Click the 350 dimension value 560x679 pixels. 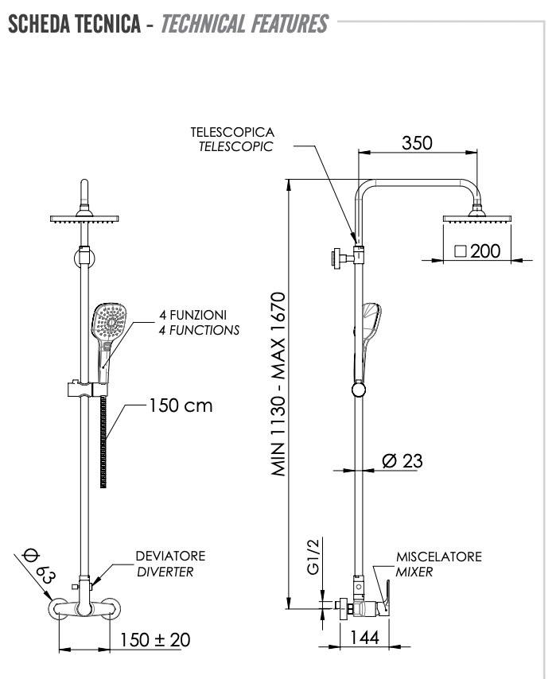(x=416, y=143)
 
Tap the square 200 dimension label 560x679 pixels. (x=477, y=251)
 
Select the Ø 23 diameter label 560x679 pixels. (x=402, y=460)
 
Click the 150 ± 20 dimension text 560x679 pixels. (x=155, y=638)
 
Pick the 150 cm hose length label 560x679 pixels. (x=180, y=405)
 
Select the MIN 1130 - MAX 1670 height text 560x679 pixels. (x=278, y=384)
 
